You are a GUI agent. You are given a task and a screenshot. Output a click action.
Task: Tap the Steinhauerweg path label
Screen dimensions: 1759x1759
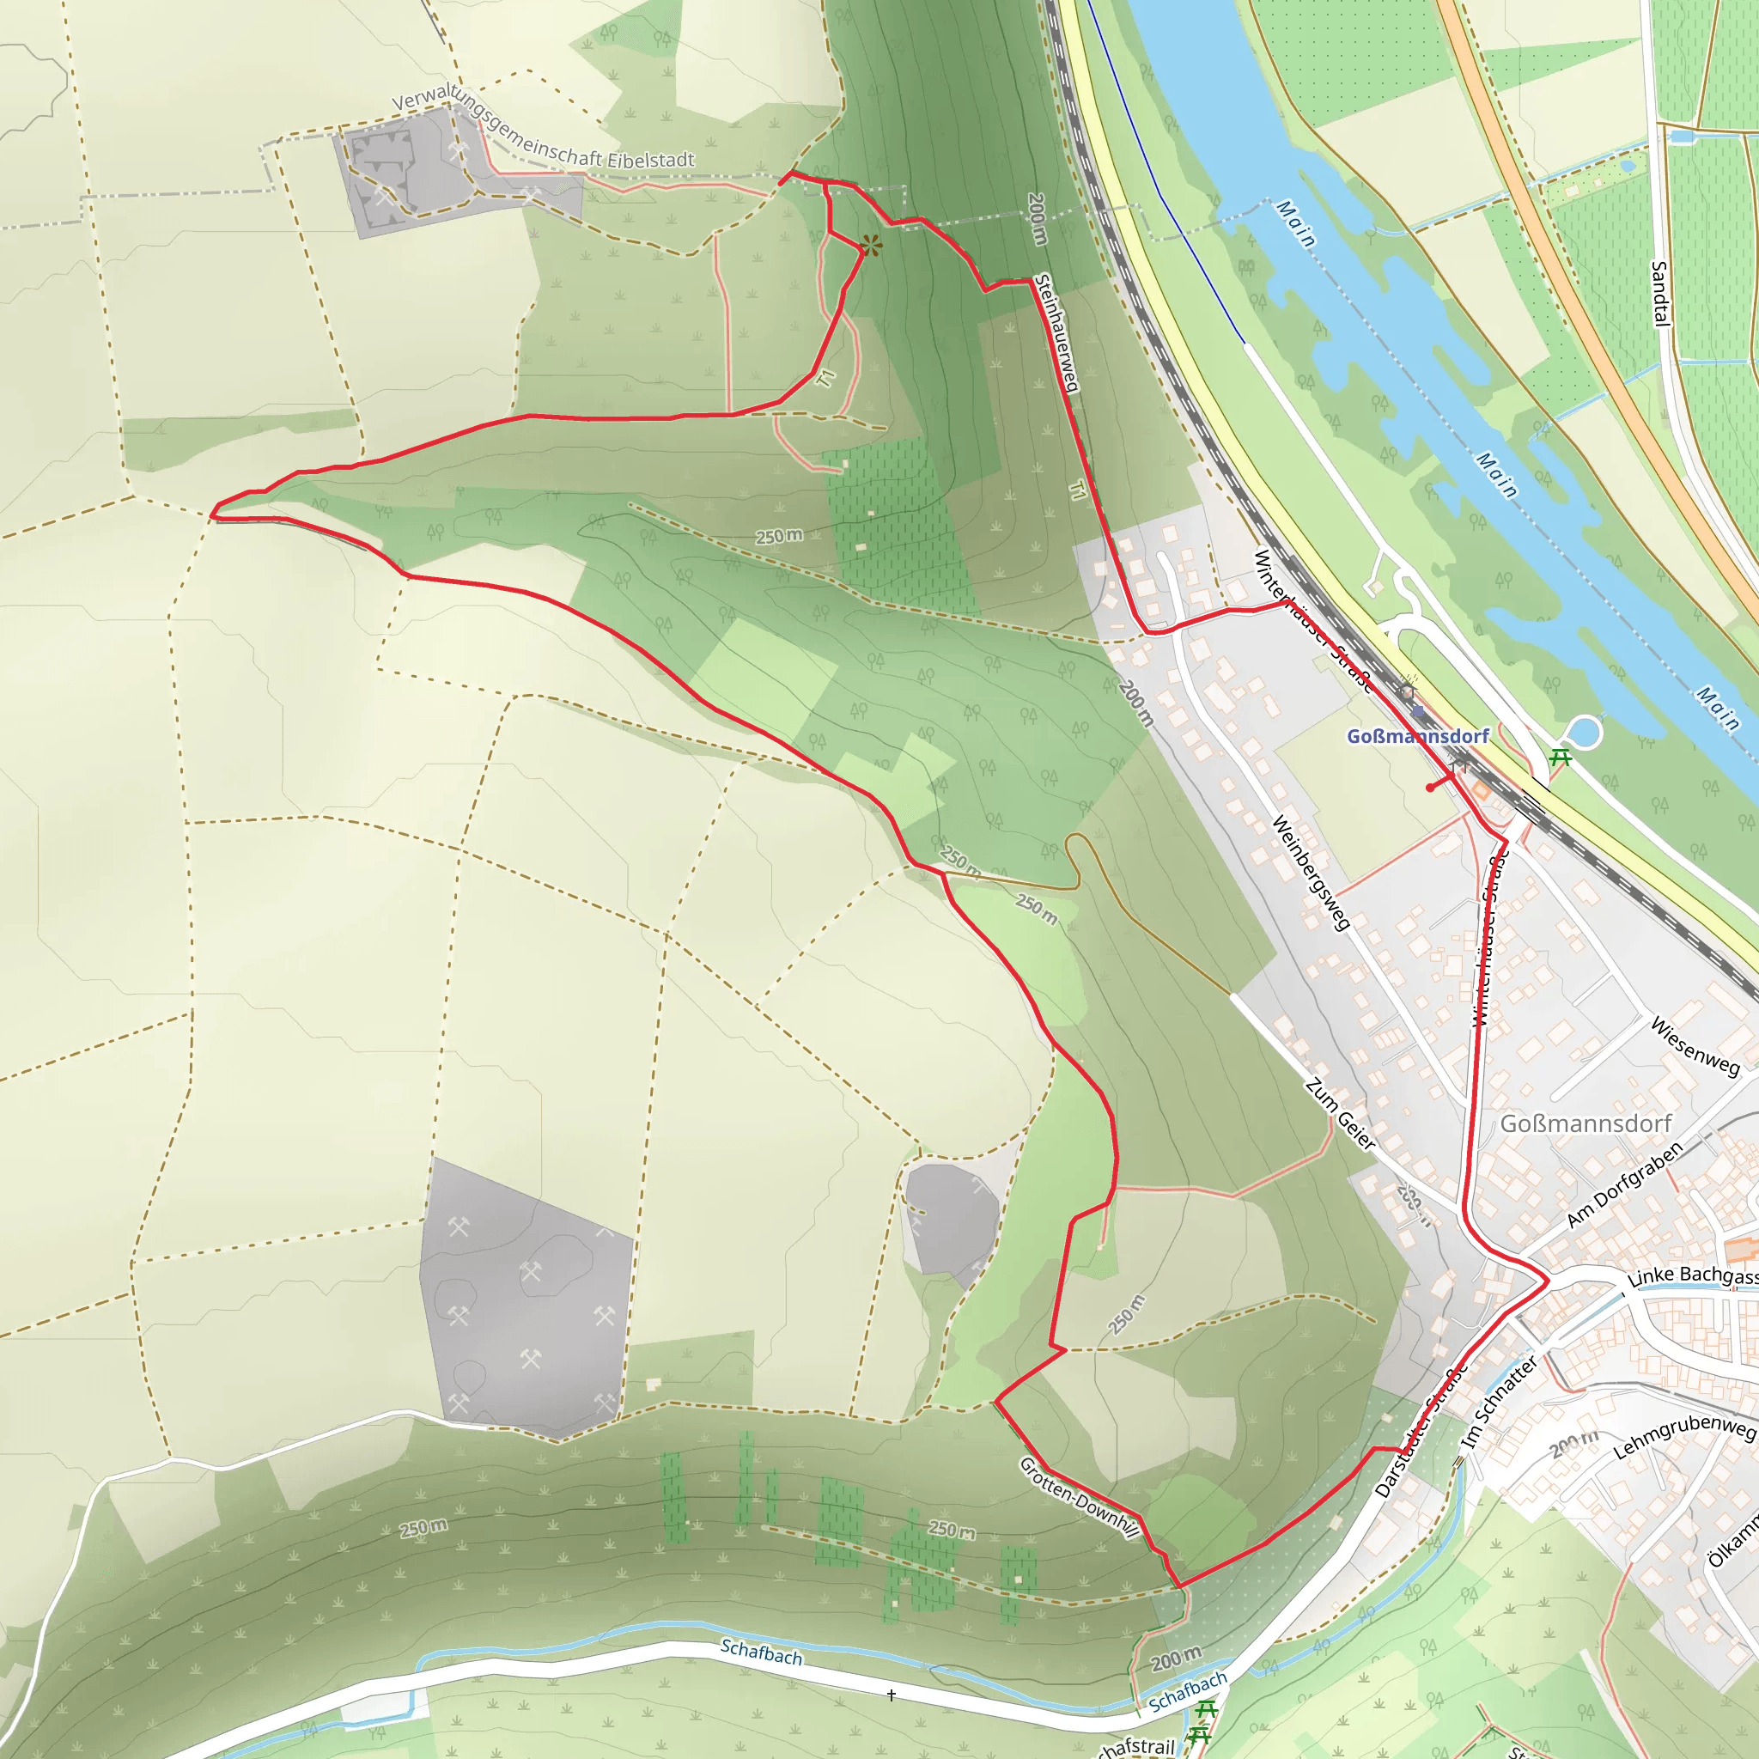[1057, 333]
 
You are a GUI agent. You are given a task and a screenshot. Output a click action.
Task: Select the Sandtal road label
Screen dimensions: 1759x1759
[1659, 293]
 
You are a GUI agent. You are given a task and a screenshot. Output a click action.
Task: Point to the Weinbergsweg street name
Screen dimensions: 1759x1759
[1311, 873]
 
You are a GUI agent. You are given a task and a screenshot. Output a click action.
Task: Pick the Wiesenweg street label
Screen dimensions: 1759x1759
[1695, 1046]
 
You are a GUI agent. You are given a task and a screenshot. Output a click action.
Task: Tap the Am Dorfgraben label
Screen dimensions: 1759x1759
[1625, 1184]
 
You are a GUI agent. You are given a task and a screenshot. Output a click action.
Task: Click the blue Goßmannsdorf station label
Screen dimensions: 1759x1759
[1417, 736]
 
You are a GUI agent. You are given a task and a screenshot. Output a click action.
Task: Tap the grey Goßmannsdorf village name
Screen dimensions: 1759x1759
[1586, 1123]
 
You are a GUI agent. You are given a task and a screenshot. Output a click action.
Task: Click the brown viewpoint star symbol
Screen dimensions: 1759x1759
[871, 245]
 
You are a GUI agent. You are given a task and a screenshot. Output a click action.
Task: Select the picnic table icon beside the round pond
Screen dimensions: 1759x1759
[1561, 756]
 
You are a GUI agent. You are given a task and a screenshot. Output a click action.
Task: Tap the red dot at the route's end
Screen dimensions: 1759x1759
[1430, 788]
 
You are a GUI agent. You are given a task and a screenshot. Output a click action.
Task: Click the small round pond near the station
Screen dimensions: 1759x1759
[1584, 732]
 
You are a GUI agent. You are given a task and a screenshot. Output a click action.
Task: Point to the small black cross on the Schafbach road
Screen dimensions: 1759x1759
[892, 1695]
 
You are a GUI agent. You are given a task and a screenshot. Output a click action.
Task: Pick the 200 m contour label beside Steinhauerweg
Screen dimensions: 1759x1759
[1037, 218]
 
